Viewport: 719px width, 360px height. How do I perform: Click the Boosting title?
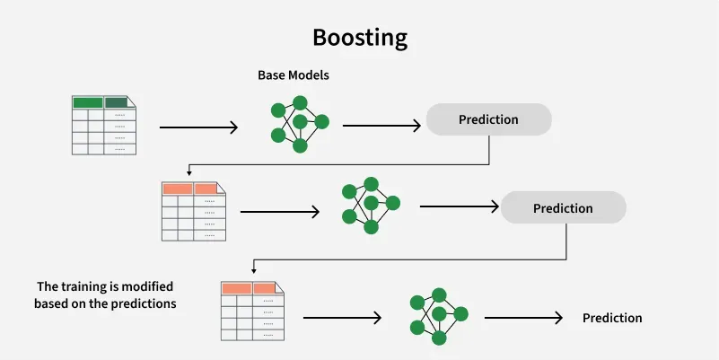359,38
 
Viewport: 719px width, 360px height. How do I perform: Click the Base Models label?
294,75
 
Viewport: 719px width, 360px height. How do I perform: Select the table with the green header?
103,126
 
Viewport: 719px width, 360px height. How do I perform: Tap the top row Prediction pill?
488,119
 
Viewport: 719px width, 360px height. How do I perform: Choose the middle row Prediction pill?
563,208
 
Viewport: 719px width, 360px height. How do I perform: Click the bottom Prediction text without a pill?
612,318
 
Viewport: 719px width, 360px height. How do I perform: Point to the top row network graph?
300,120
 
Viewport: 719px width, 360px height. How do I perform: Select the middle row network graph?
371,204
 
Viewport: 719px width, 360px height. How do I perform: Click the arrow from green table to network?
198,127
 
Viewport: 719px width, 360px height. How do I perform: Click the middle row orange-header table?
192,212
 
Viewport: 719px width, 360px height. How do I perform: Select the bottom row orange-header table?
252,311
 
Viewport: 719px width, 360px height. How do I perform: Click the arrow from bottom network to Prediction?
523,318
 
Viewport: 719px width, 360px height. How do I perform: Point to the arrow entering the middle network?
280,213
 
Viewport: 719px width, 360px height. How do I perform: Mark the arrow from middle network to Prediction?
459,206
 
